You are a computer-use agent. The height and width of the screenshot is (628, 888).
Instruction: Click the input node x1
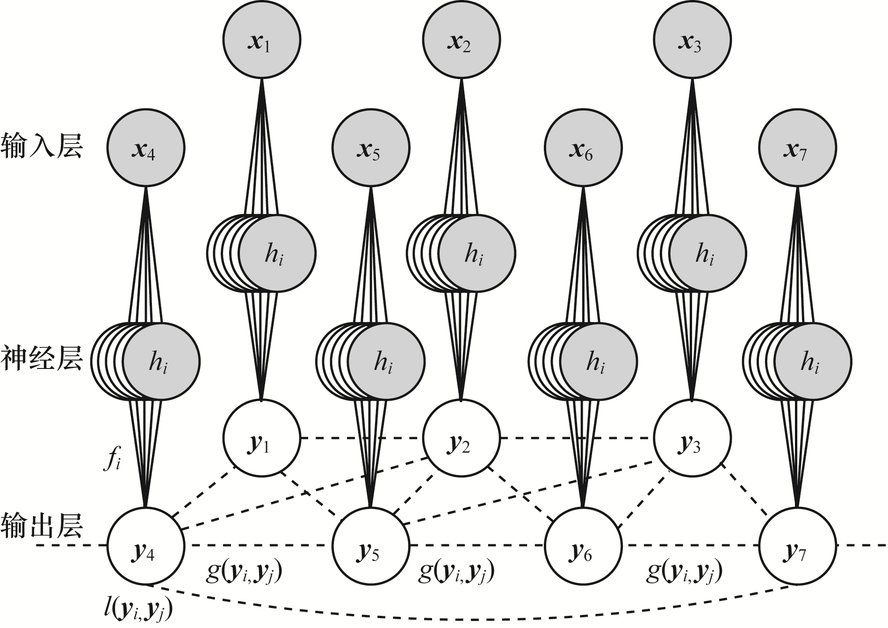tap(261, 40)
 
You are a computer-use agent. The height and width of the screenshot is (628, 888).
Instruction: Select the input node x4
tap(146, 148)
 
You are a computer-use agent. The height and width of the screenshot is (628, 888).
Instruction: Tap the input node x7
tap(797, 148)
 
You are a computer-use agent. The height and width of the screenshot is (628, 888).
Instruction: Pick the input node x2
tap(461, 40)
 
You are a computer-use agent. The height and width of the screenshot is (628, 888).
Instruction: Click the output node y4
tap(146, 546)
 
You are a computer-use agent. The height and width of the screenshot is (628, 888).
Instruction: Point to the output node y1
tap(261, 438)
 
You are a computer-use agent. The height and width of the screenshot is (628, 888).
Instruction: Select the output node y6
tap(584, 546)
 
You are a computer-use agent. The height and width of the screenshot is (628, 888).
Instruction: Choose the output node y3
tap(692, 438)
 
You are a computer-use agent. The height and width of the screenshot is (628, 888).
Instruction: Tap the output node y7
tap(797, 546)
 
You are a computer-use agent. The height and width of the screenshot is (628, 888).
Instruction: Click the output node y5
tap(371, 546)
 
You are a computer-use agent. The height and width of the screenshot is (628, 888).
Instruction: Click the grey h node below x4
tap(161, 361)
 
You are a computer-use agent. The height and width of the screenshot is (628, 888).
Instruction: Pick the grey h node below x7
tap(813, 361)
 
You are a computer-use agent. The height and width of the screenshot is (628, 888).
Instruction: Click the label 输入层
tap(42, 146)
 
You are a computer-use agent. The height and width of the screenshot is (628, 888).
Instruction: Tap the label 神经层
tap(42, 358)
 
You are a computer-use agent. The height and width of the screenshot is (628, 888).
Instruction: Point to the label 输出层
tap(42, 526)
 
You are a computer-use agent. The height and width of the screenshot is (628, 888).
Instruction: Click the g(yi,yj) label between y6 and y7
tap(684, 572)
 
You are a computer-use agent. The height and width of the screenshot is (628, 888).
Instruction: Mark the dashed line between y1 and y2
tap(361, 438)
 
